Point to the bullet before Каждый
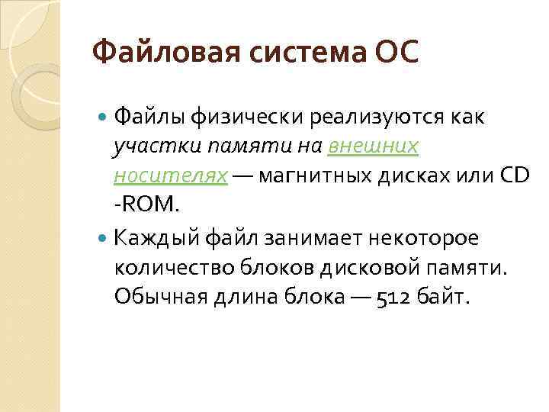(104, 238)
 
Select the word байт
(445, 297)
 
